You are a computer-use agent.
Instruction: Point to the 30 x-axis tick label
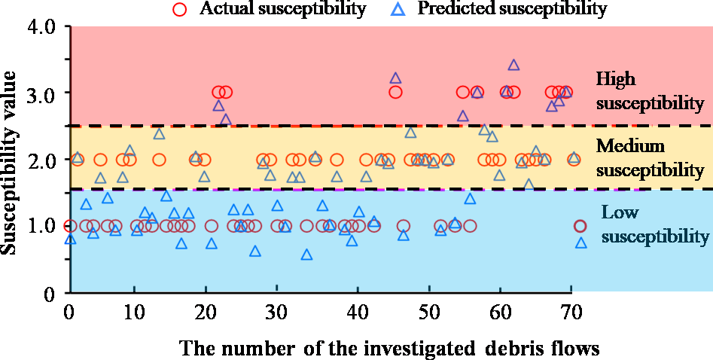[x=277, y=311]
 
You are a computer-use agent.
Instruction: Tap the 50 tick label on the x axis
[x=424, y=311]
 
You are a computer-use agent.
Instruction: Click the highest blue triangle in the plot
[x=513, y=65]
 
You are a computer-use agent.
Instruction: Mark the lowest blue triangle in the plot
[x=306, y=255]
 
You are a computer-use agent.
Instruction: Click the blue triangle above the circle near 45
[x=395, y=78]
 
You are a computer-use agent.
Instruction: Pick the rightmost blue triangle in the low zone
[x=580, y=243]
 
